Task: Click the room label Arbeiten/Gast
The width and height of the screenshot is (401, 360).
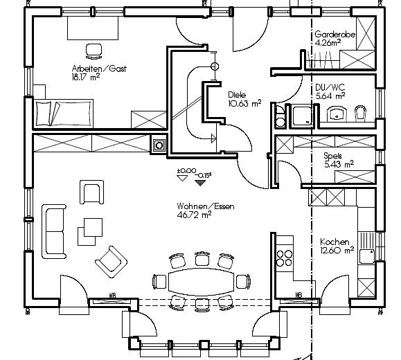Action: (99, 69)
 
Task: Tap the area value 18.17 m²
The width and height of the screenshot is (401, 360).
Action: (86, 77)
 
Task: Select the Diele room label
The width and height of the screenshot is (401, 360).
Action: (237, 95)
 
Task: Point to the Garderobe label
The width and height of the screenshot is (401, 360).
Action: (335, 34)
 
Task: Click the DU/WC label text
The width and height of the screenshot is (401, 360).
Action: (330, 87)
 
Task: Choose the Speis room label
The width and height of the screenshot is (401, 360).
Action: (332, 156)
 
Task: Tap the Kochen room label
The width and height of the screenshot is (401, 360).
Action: (335, 242)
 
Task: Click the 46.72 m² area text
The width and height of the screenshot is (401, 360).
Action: (194, 215)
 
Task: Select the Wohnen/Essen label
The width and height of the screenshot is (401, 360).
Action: (206, 206)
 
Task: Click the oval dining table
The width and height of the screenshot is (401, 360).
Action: (202, 282)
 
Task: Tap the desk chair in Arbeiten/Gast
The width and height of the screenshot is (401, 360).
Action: (94, 51)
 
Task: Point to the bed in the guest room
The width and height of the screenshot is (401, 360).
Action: (64, 114)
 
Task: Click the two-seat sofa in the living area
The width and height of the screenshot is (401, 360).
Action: (54, 231)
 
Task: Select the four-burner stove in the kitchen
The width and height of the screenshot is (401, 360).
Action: (285, 258)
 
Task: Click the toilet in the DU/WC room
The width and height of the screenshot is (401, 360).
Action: (360, 113)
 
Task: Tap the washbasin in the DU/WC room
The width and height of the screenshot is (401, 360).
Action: (337, 114)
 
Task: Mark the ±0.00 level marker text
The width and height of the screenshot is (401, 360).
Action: (187, 170)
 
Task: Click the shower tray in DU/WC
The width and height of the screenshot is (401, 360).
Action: (302, 116)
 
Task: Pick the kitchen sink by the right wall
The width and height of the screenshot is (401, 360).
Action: (367, 256)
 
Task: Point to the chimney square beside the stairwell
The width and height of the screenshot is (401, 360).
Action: (159, 145)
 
